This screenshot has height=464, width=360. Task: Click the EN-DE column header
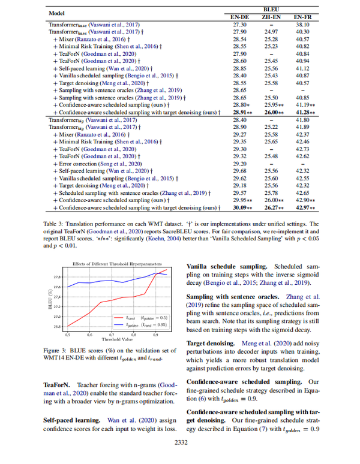click(240, 17)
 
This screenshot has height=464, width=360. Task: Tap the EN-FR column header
click(307, 17)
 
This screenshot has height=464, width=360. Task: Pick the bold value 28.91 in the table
click(238, 112)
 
